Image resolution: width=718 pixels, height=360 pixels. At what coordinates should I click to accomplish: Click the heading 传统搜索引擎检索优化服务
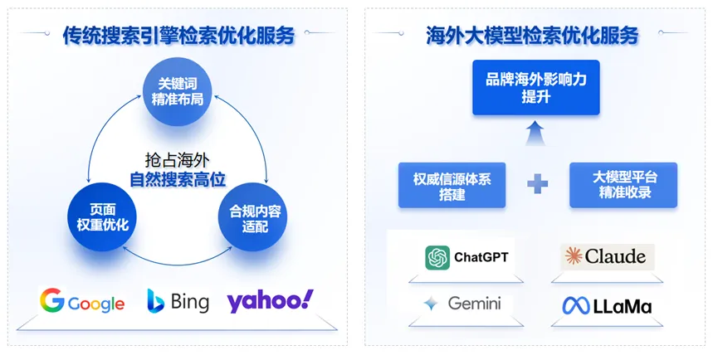click(x=178, y=36)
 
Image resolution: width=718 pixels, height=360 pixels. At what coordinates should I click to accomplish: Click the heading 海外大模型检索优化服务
click(x=532, y=36)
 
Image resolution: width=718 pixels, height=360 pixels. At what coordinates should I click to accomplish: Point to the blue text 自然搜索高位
click(x=178, y=178)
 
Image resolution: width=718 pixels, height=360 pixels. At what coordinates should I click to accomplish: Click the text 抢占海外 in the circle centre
click(x=177, y=158)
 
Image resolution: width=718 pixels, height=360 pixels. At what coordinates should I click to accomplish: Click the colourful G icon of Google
click(x=52, y=300)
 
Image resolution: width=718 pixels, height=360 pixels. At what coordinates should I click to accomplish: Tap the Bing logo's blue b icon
click(x=156, y=300)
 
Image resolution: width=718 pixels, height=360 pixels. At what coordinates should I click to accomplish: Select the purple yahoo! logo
click(x=270, y=299)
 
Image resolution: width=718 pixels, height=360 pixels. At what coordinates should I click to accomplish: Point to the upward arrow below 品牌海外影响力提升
click(x=535, y=133)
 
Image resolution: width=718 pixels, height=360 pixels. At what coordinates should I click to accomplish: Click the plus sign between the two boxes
click(x=537, y=184)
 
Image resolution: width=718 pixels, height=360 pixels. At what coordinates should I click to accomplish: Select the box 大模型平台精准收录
click(x=623, y=185)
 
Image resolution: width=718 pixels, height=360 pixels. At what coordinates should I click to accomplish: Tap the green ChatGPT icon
click(x=437, y=258)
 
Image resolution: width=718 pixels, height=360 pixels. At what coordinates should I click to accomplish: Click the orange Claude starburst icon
click(x=572, y=256)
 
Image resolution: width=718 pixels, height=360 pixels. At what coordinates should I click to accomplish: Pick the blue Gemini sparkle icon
click(x=430, y=304)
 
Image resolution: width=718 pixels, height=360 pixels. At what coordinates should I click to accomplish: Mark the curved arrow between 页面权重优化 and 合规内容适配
click(x=176, y=260)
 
